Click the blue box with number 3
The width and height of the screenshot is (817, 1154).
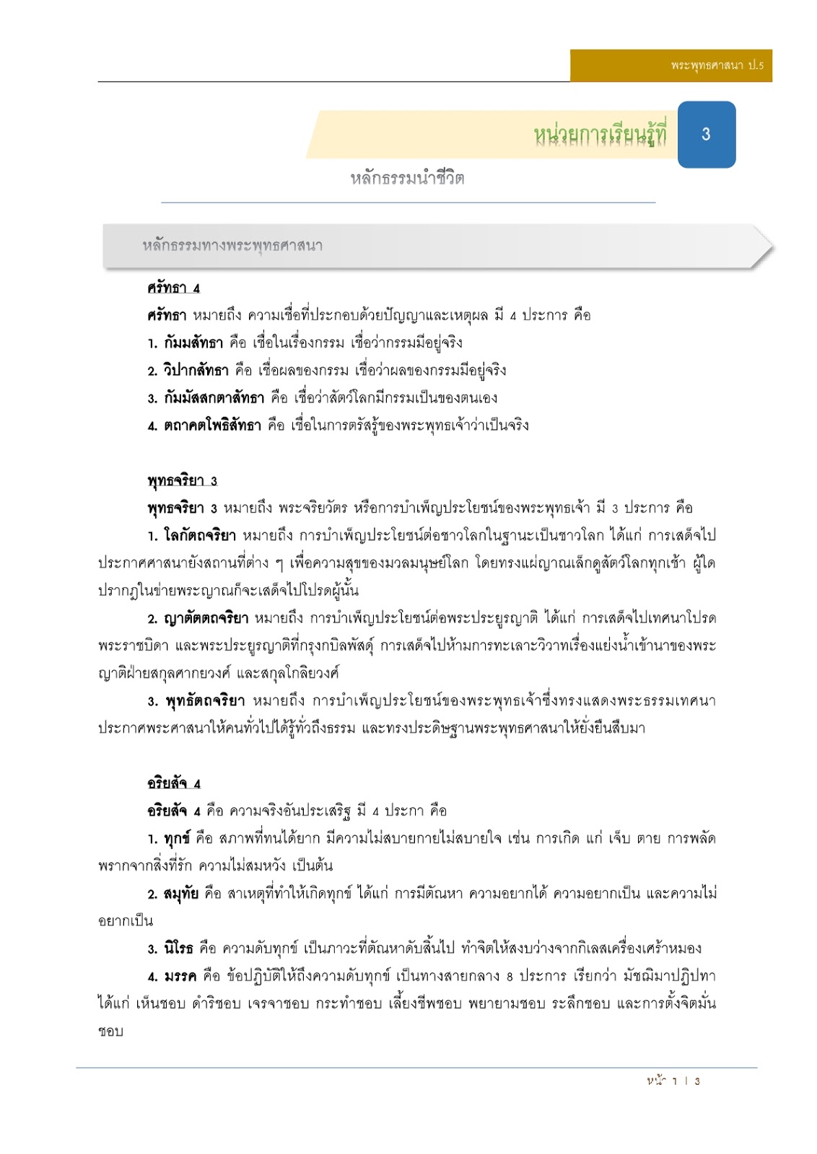click(x=706, y=134)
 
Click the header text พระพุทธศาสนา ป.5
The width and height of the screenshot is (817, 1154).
click(x=716, y=66)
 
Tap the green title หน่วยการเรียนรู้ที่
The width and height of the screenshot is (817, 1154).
click(x=600, y=134)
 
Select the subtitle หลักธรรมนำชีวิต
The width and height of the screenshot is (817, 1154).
click(x=407, y=178)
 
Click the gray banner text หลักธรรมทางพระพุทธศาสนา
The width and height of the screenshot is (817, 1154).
click(x=232, y=246)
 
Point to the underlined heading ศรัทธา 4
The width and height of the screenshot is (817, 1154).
click(x=173, y=288)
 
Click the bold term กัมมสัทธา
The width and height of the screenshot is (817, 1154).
click(x=193, y=343)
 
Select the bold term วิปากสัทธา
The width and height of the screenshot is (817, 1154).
click(x=196, y=371)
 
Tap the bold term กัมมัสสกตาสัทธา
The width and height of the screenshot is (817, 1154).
click(x=214, y=398)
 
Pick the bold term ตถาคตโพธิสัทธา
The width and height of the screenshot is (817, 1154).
click(x=212, y=426)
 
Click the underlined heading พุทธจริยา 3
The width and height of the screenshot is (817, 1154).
click(x=182, y=481)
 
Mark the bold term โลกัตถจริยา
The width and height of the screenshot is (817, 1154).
click(x=199, y=536)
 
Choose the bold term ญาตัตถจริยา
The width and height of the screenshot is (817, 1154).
click(x=206, y=619)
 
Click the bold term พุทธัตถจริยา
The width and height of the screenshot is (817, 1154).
click(x=205, y=701)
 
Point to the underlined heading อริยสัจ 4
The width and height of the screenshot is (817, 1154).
click(x=174, y=784)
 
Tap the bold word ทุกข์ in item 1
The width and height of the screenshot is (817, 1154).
click(x=177, y=839)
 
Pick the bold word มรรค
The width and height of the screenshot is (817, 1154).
click(x=180, y=977)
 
